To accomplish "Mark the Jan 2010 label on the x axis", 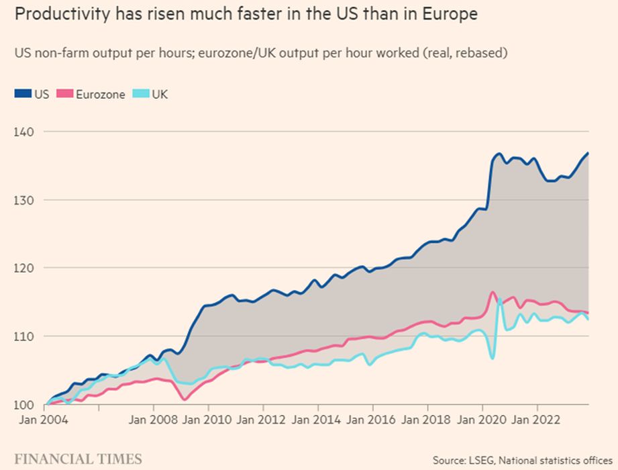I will pyautogui.click(x=207, y=421).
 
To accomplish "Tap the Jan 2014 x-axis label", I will pyautogui.click(x=317, y=421).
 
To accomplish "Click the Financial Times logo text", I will pyautogui.click(x=78, y=459).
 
